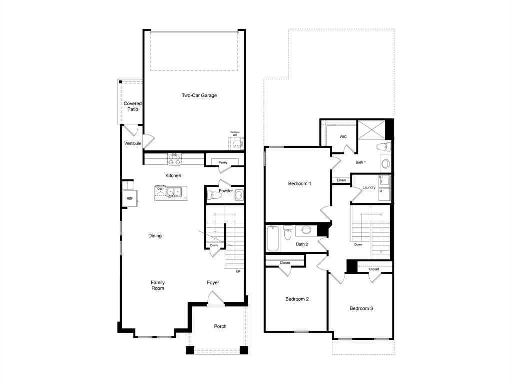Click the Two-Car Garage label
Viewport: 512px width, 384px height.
[x=199, y=95]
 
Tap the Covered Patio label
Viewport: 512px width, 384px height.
[x=132, y=106]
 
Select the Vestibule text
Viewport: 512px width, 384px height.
[x=133, y=144]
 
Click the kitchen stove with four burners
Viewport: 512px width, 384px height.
[x=174, y=160]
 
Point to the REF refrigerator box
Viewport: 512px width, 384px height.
[x=130, y=198]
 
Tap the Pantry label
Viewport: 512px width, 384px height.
[x=223, y=162]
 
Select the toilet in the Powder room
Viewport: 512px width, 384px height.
[x=213, y=195]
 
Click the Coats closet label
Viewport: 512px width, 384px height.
[x=214, y=245]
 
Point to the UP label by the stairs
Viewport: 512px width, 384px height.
[x=238, y=271]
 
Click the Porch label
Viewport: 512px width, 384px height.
[x=220, y=326]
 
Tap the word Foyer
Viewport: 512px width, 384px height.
[x=213, y=283]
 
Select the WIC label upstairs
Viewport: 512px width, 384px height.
[x=343, y=137]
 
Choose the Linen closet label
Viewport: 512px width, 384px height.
[x=341, y=180]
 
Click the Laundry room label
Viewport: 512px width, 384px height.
[x=369, y=187]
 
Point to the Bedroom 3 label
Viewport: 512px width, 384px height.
[x=361, y=309]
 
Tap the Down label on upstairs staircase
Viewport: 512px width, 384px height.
[x=358, y=245]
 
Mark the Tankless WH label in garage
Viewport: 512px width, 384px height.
[x=234, y=133]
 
